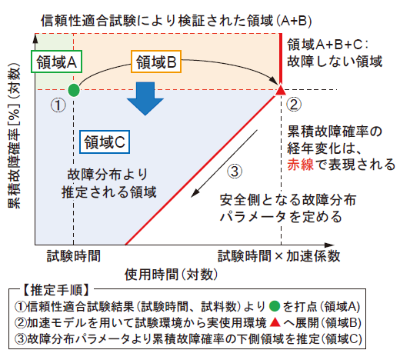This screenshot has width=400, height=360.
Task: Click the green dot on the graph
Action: pos(74,90)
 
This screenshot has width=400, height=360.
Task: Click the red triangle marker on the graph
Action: pos(281,90)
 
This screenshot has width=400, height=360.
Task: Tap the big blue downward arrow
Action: pos(145,98)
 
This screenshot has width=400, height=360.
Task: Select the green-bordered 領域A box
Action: pos(56,62)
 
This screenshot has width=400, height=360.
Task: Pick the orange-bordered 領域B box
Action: pos(156,62)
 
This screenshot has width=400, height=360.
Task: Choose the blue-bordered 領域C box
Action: pos(105,142)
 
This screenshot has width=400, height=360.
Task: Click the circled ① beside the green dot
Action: pos(58,105)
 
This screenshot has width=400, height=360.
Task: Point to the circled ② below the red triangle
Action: pos(294,105)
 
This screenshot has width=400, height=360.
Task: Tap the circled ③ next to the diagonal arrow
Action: pos(235,171)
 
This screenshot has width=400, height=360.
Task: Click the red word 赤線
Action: pos(300,165)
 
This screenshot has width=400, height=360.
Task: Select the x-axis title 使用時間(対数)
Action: pos(171,275)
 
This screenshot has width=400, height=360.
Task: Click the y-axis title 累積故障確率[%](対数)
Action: pos(14,135)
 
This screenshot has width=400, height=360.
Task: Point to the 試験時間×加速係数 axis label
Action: pos(278,256)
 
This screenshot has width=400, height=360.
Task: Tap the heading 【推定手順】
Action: pos(56,290)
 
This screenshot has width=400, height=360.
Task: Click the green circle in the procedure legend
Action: pos(275,306)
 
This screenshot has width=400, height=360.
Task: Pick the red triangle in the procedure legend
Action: pos(275,322)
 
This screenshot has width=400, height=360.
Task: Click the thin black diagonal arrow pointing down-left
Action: pos(224,164)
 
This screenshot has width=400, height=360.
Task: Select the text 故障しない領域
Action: pos(335,62)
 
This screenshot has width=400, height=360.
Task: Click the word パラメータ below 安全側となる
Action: pos(252,217)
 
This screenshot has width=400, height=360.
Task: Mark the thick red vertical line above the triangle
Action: pos(281,59)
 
